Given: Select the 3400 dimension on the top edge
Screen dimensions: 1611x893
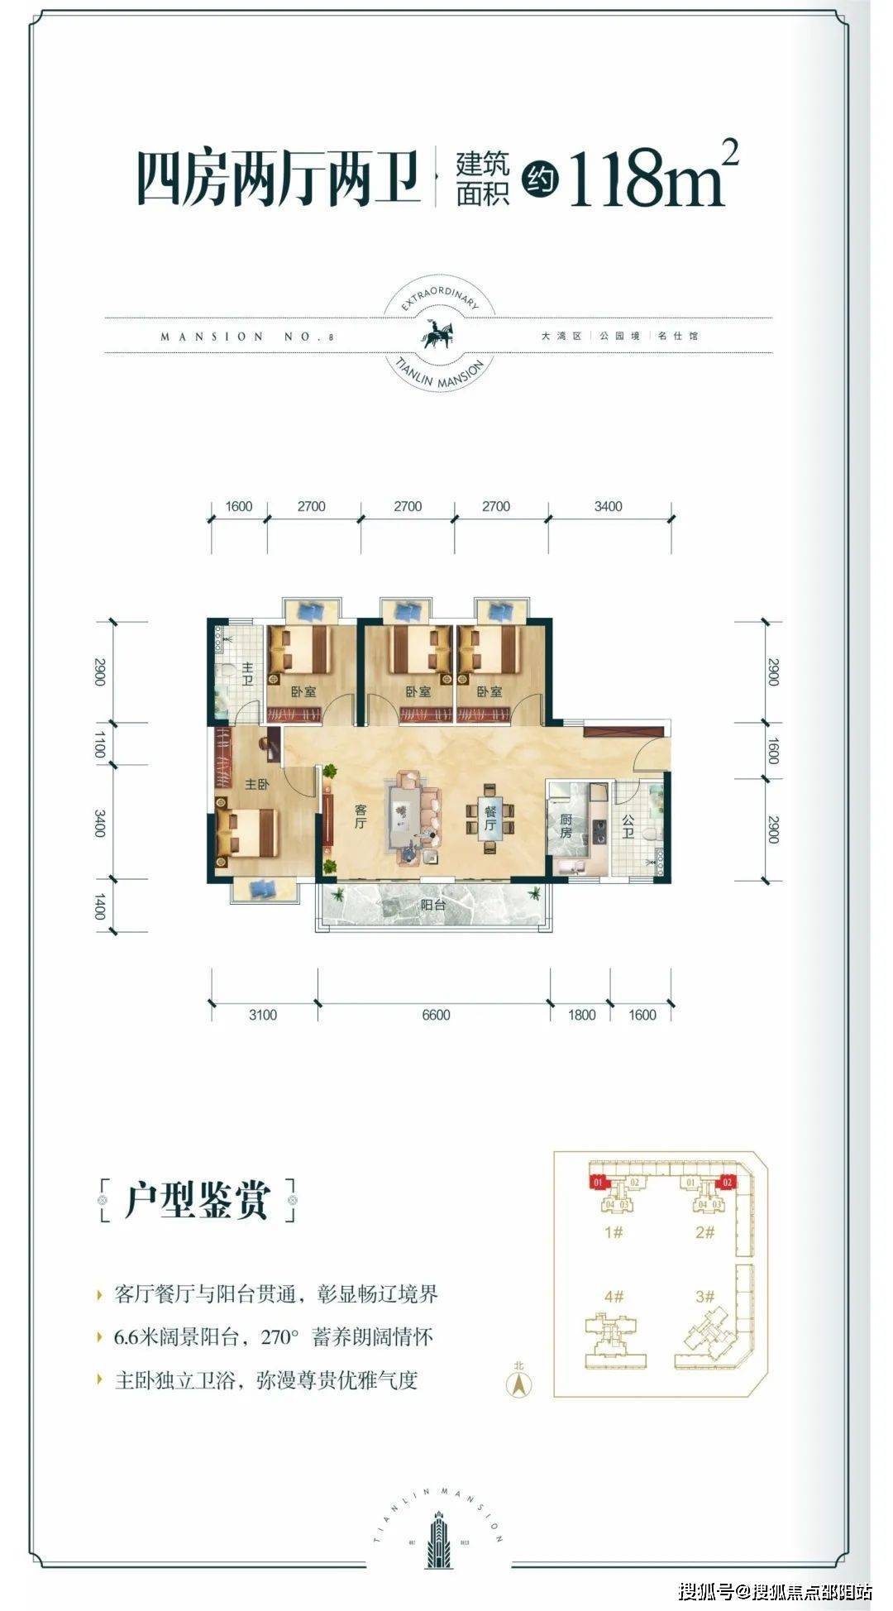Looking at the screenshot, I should point(608,506).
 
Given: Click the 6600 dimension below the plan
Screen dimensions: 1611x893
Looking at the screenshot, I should point(436,1015).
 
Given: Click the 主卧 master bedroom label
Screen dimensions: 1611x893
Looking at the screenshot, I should point(256,784).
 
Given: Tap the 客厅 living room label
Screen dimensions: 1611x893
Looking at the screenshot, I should point(361,816).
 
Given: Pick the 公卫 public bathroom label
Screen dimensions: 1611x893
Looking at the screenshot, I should point(628,826).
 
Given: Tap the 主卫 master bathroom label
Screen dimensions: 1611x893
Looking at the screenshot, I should point(247,673).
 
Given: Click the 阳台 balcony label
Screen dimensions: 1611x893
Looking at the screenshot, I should point(432,905).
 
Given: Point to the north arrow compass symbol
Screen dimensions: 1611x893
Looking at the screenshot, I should point(518,1381).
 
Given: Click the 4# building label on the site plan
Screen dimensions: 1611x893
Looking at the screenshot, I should point(613,1297).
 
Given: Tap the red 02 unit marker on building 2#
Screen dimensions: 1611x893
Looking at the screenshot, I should point(727,1182).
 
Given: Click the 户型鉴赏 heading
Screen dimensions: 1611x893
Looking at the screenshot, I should point(197,1200).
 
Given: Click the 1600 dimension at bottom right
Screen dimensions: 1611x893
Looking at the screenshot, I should point(642,1015).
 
